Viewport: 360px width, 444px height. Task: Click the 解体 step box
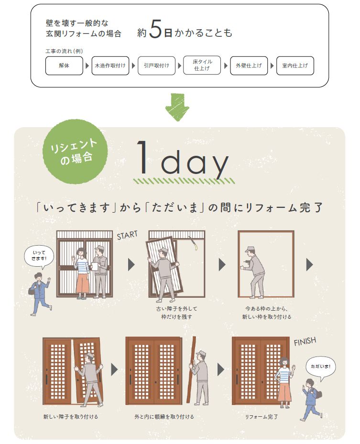[64, 66]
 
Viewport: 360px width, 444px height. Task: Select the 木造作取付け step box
[110, 66]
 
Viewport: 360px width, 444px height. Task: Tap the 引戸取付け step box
[156, 66]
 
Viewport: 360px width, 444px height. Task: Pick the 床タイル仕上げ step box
[202, 65]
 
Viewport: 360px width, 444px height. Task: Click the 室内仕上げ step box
[295, 66]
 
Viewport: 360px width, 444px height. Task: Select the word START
[127, 235]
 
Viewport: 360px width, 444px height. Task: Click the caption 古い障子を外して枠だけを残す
[174, 313]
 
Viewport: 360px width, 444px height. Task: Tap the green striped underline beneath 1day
[184, 181]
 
